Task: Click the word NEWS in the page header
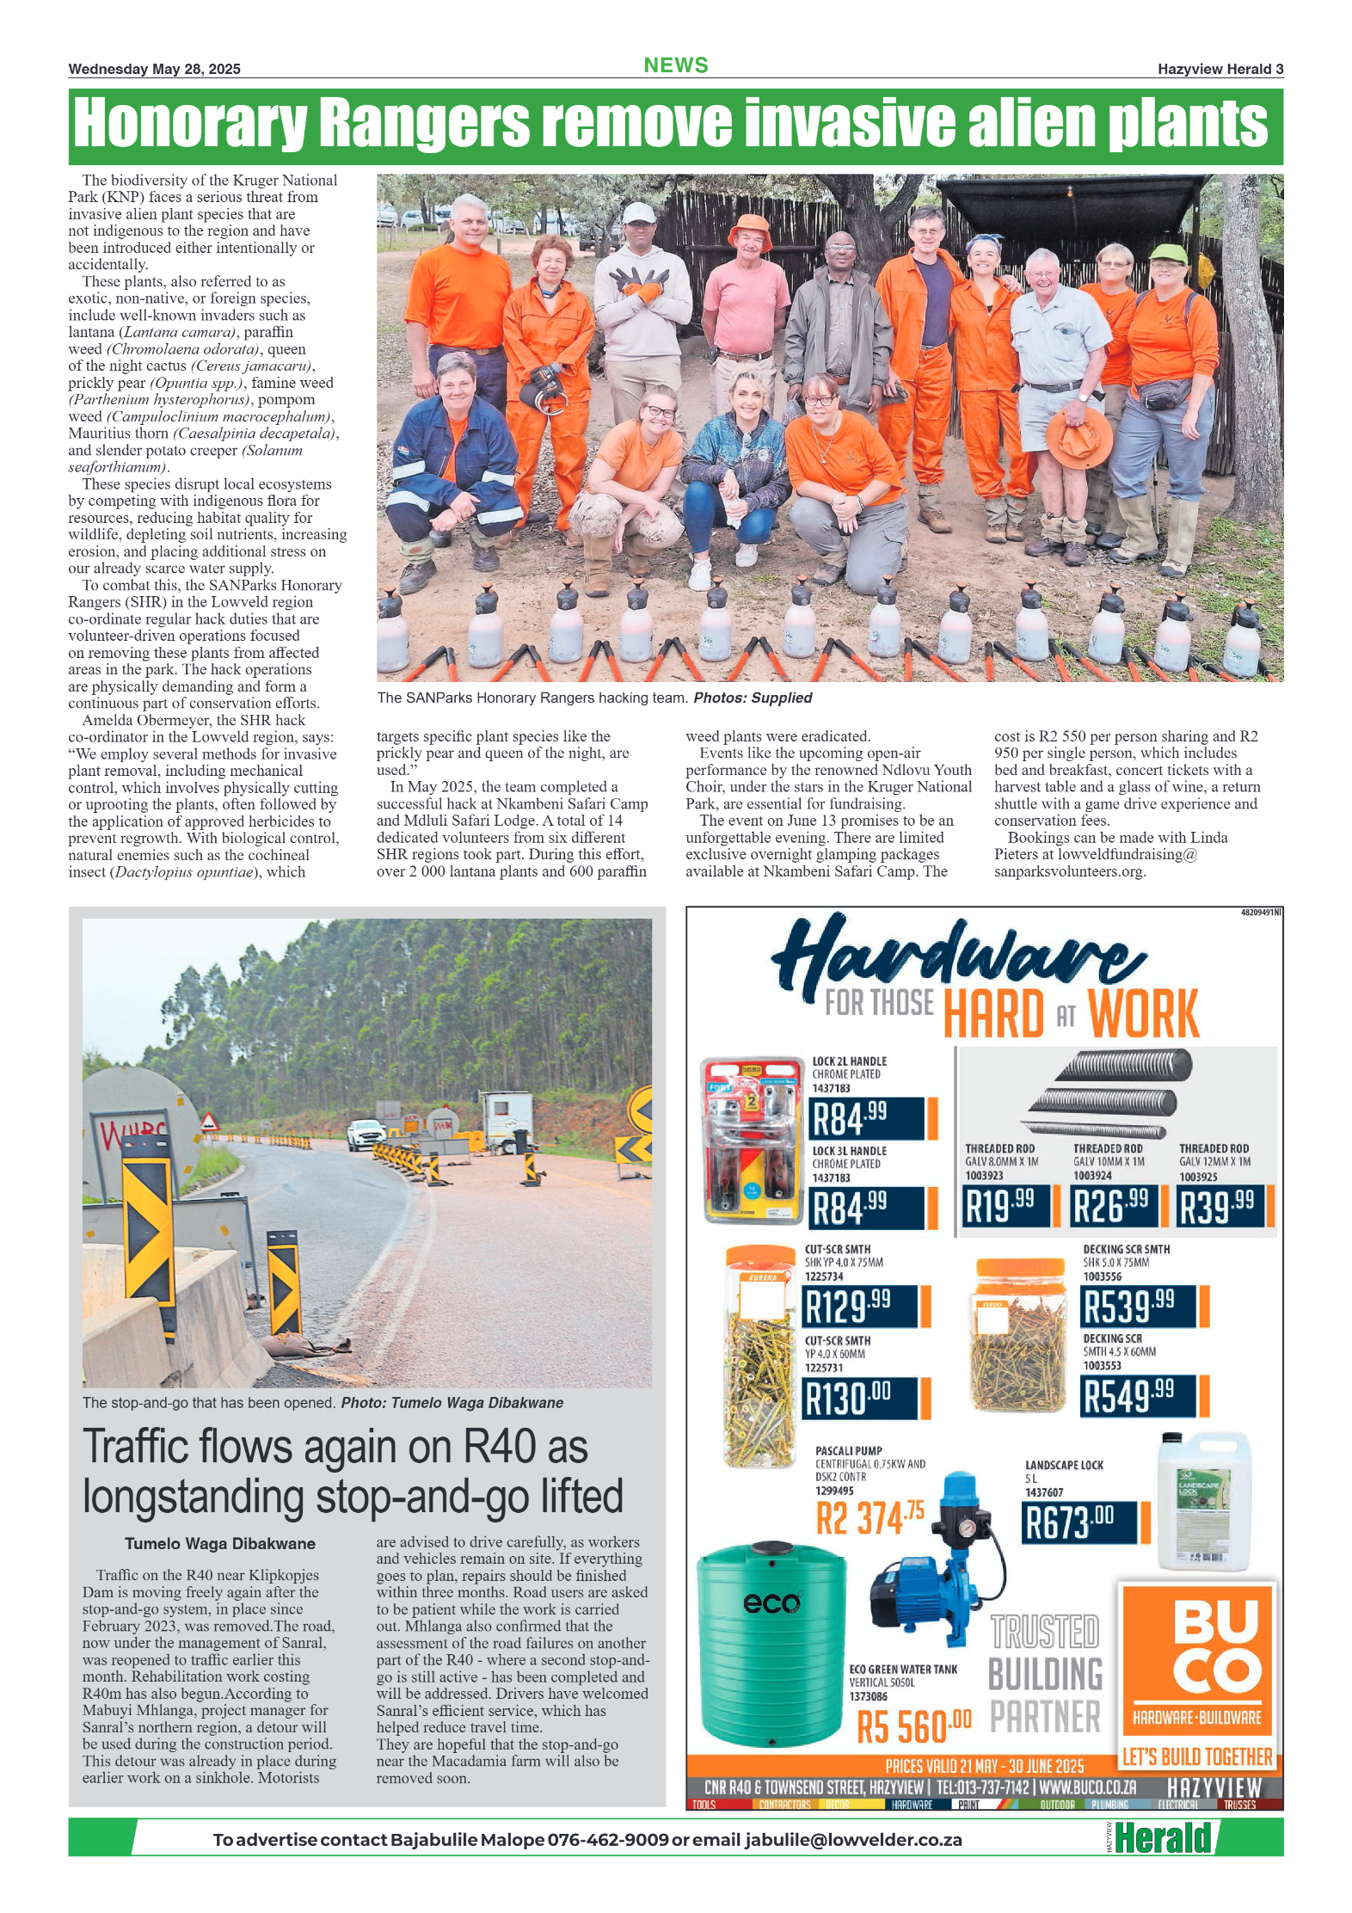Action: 675,65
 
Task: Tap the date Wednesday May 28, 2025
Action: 154,69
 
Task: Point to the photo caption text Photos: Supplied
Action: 752,698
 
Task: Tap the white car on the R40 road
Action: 366,1134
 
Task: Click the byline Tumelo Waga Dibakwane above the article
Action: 220,1543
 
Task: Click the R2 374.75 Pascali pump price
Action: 870,1517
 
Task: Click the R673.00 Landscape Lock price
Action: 1079,1522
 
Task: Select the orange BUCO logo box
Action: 1196,1668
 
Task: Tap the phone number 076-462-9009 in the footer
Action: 607,1840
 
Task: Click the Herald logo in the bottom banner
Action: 1163,1838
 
